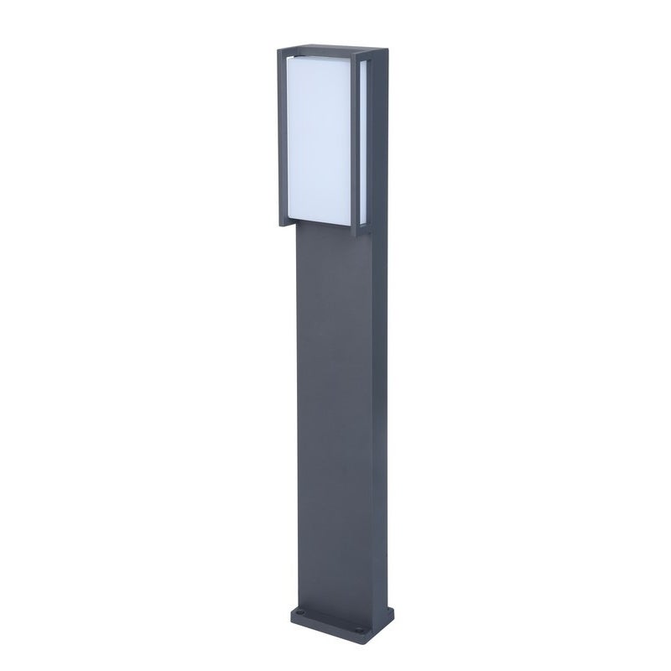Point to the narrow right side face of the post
click(x=381, y=403)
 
